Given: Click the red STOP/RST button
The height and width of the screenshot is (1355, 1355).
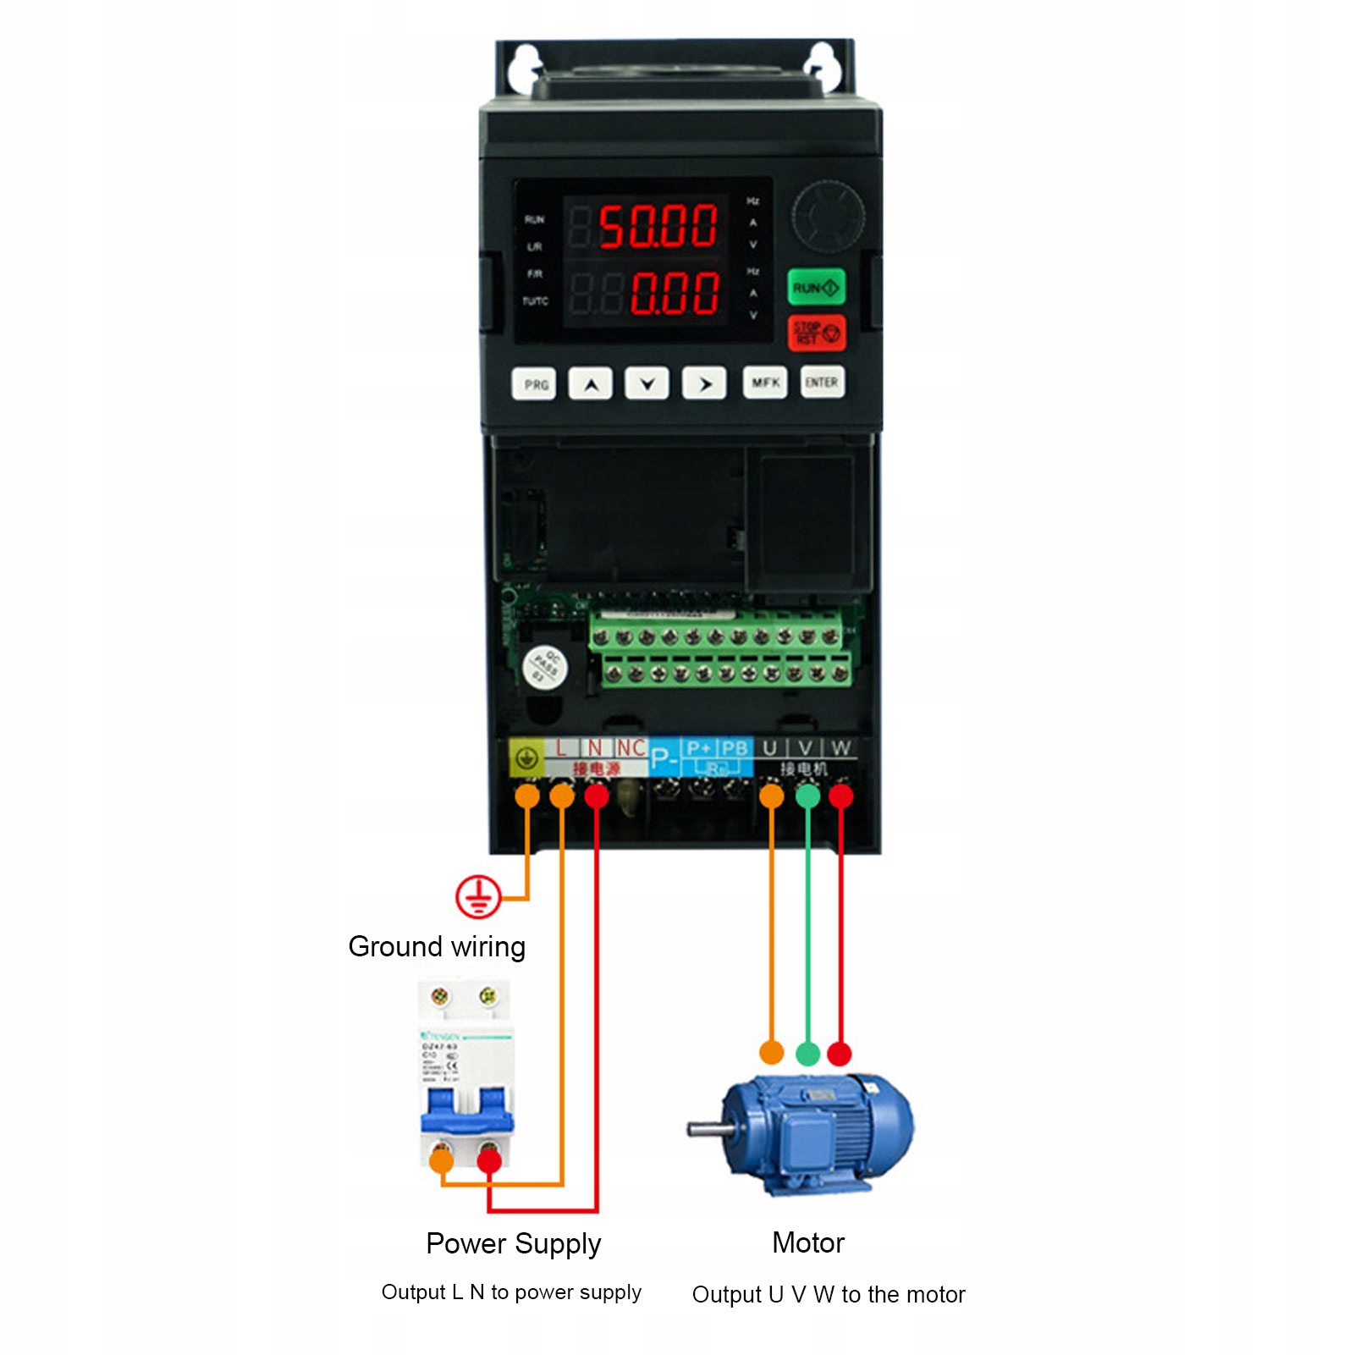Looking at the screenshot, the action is click(816, 332).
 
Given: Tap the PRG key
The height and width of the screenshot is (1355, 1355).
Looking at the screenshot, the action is click(534, 384).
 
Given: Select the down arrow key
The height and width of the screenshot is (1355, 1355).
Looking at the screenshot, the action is click(647, 383).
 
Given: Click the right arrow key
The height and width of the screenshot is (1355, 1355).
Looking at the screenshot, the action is click(704, 383).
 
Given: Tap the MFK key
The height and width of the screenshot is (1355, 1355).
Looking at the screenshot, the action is click(765, 383).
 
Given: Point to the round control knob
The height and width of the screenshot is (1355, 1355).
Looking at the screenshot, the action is click(828, 216).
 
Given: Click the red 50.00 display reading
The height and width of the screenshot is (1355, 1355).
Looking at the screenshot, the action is click(658, 226).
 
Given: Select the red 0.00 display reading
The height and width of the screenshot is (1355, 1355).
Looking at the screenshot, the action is click(674, 293).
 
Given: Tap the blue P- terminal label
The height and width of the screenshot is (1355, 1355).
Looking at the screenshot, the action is click(664, 757).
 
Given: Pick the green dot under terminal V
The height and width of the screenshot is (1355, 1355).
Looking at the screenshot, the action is click(807, 796).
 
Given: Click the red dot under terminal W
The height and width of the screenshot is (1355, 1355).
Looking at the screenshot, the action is click(840, 796).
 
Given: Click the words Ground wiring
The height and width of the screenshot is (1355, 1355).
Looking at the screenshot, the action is click(437, 946).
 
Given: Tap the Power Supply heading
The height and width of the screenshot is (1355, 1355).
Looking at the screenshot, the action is click(514, 1243).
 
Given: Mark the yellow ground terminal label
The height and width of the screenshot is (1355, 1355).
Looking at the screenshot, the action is click(526, 757).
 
